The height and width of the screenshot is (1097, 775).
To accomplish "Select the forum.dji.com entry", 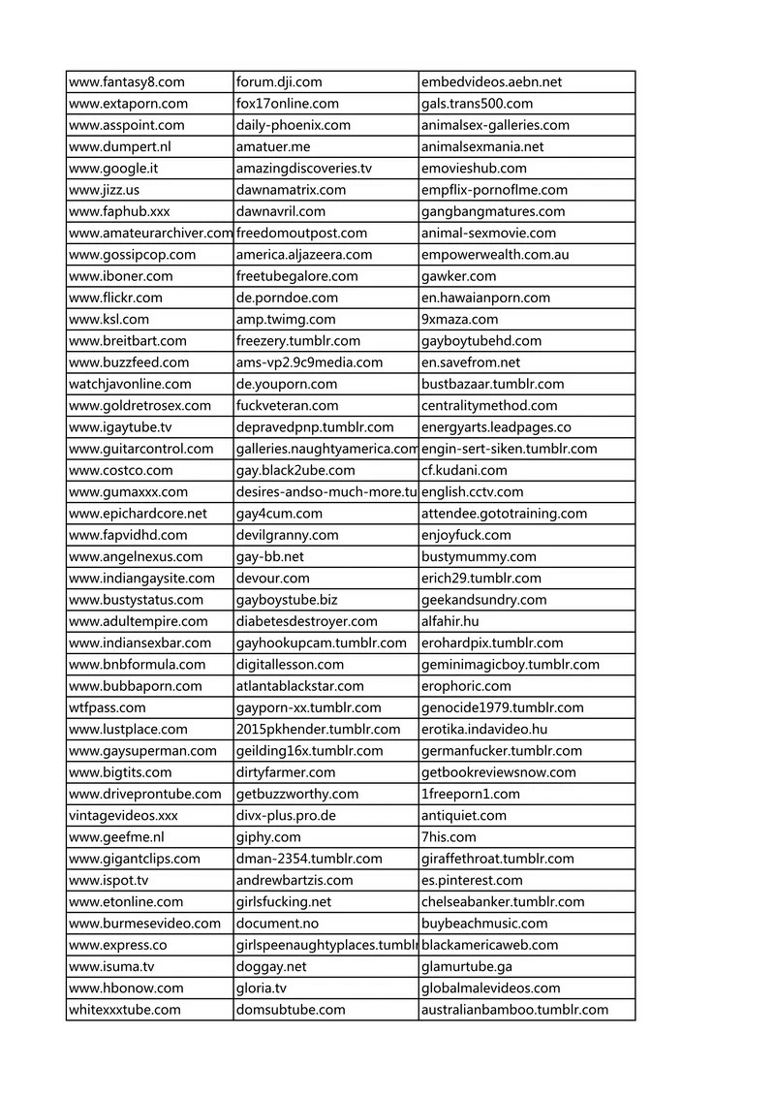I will [279, 82].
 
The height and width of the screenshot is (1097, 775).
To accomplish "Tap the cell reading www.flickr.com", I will [116, 298].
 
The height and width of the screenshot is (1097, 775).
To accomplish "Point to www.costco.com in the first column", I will [120, 470].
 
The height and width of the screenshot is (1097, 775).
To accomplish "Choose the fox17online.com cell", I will [288, 104].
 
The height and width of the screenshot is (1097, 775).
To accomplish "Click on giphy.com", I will [268, 837].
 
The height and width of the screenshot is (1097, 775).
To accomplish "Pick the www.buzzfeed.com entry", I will [129, 362].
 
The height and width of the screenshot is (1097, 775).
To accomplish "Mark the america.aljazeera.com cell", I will [304, 255].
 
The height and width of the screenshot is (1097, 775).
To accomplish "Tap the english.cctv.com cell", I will [472, 492].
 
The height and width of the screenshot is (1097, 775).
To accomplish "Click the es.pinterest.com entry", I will [472, 880].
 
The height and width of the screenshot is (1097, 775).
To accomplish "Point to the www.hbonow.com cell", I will [126, 988].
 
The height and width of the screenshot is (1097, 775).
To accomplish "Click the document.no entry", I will [277, 924].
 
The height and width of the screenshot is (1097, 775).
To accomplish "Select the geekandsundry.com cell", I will [484, 600].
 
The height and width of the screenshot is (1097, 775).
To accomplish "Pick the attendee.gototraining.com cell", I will [504, 514].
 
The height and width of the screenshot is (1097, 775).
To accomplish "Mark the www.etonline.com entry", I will [126, 902].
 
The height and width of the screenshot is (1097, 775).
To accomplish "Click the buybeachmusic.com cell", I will [484, 924].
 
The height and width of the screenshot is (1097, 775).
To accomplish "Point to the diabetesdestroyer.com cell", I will [306, 621].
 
